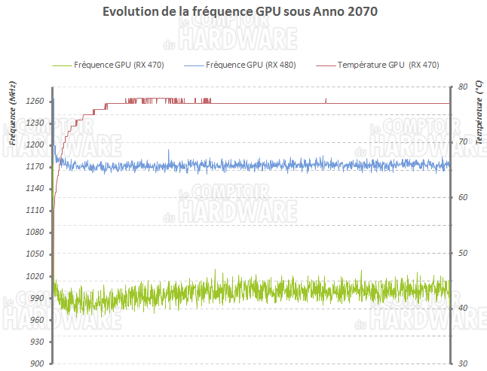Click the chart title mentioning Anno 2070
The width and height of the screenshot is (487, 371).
[243, 13]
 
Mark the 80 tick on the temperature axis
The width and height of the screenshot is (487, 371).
[462, 87]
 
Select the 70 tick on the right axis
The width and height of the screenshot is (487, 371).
[462, 142]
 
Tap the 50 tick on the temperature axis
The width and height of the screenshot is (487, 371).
[462, 253]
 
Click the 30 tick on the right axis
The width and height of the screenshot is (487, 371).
[462, 363]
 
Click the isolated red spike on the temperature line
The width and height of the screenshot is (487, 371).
[326, 99]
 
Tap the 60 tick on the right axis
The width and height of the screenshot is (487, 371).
[462, 197]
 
